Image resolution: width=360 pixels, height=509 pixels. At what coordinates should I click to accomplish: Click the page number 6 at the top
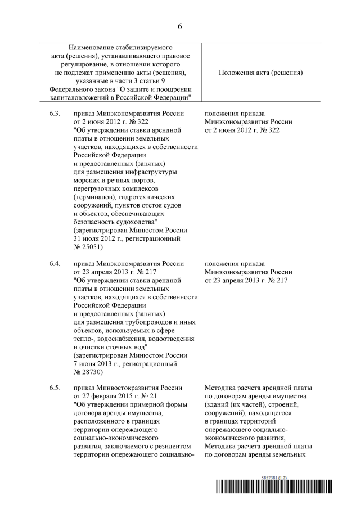[x=180, y=26]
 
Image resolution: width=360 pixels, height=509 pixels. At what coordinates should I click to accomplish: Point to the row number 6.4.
[x=55, y=264]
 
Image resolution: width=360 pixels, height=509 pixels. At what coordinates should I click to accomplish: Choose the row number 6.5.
[x=55, y=388]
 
